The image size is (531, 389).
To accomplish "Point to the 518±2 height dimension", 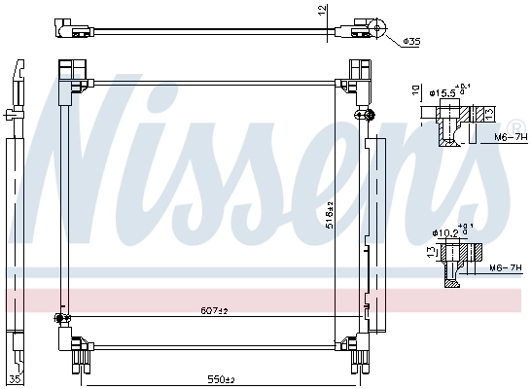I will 331,215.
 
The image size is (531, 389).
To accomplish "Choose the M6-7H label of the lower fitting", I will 503,266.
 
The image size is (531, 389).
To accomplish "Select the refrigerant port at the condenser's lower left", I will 60,317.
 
